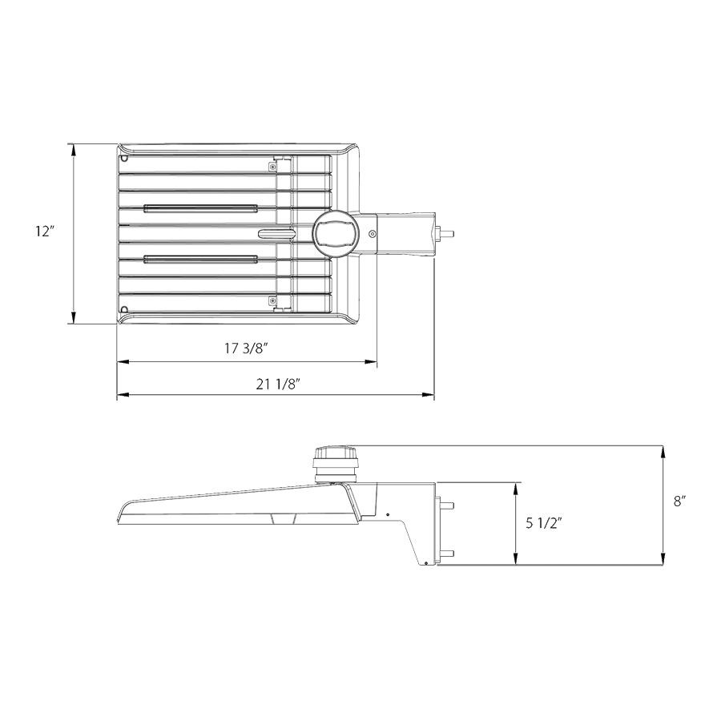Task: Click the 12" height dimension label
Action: pyautogui.click(x=44, y=232)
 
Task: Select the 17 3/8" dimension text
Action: pyautogui.click(x=246, y=348)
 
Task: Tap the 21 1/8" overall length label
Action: pyautogui.click(x=278, y=383)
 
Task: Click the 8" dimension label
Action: pyautogui.click(x=679, y=501)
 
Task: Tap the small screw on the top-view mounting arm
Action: pyautogui.click(x=373, y=233)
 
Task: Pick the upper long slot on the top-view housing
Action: pyautogui.click(x=199, y=208)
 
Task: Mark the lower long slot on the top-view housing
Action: pyautogui.click(x=199, y=258)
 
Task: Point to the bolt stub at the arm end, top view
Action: pyautogui.click(x=446, y=234)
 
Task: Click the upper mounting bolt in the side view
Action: pyautogui.click(x=447, y=506)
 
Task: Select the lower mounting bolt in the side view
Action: pyautogui.click(x=447, y=553)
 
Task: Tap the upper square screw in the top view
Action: pyautogui.click(x=274, y=165)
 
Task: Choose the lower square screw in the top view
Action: pyautogui.click(x=274, y=300)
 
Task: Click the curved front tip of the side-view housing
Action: pyautogui.click(x=120, y=513)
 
